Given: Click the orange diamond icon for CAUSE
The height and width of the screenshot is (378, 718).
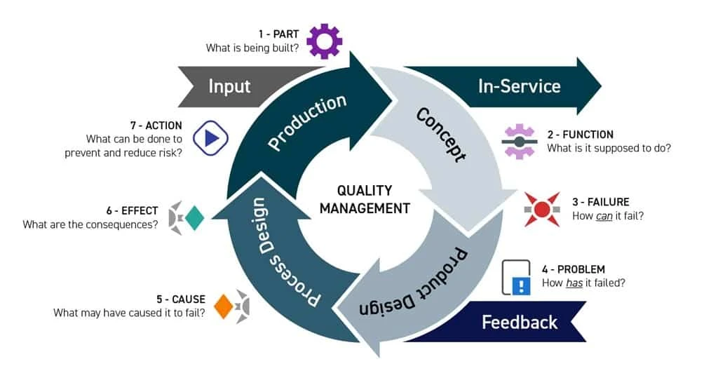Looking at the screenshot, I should tap(224, 306).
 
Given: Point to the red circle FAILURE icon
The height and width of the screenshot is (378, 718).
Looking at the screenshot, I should tap(541, 209).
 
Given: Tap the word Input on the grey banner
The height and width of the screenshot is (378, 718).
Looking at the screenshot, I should tap(229, 86).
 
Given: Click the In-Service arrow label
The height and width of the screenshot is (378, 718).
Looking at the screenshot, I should tap(519, 86).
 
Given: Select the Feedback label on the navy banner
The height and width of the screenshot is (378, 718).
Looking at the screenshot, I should tap(520, 322).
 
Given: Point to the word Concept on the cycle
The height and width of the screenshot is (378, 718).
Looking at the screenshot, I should tap(440, 134).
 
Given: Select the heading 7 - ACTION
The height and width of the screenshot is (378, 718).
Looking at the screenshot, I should tap(156, 126).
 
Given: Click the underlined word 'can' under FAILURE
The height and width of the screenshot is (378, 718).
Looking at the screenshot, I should tap(604, 216).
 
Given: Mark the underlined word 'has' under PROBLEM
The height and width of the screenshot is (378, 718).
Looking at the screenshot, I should tap(576, 283).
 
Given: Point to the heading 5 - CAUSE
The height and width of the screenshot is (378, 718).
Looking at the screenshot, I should tap(180, 299).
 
